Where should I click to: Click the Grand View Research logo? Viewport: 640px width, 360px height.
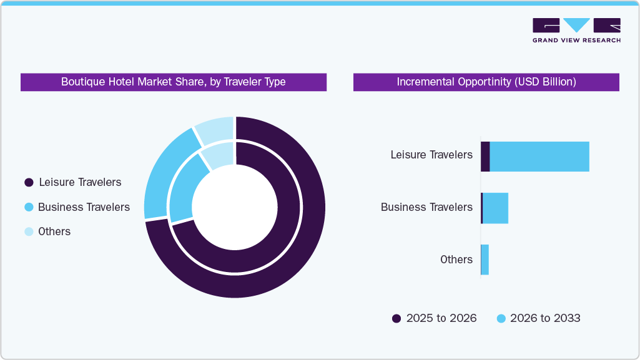(576, 30)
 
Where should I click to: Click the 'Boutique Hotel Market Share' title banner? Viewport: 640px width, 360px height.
(173, 82)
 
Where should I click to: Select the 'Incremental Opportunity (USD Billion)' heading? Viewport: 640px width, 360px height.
(486, 82)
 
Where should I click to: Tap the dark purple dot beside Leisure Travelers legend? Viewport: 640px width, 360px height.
(28, 183)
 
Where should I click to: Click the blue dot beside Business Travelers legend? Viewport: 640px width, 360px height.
(28, 207)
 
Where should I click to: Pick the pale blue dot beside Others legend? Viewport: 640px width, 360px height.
(28, 231)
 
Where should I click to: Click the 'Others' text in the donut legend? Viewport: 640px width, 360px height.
(54, 231)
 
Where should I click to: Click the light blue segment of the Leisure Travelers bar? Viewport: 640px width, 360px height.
(539, 157)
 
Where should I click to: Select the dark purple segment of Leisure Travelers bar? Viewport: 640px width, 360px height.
(485, 157)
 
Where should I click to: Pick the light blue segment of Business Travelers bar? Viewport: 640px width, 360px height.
(496, 208)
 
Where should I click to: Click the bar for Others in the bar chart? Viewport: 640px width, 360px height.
(485, 260)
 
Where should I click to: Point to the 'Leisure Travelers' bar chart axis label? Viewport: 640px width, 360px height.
(431, 155)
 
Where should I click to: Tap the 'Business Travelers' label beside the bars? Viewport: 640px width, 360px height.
(426, 207)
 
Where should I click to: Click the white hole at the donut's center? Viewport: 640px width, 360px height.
(234, 207)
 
